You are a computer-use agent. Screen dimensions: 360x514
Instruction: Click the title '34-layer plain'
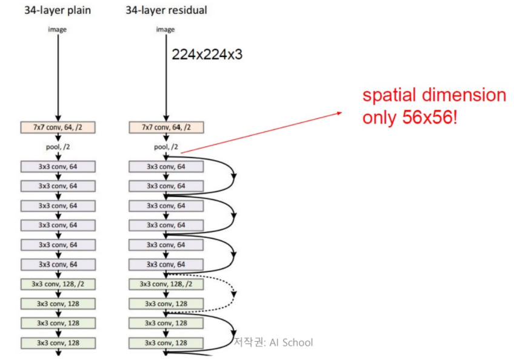coord(58,10)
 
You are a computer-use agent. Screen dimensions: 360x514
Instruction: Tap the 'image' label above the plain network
coord(58,29)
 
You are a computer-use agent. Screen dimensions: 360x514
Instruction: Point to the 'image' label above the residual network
coord(165,29)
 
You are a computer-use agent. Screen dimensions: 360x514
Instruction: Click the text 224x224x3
coord(207,55)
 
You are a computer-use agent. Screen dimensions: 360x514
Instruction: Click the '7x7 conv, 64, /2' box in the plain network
coord(58,128)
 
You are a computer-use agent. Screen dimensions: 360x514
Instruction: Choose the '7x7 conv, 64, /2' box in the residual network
coord(165,128)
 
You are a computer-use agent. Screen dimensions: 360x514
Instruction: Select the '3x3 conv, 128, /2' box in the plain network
coord(58,284)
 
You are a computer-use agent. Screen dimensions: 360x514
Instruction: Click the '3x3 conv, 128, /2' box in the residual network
coord(165,284)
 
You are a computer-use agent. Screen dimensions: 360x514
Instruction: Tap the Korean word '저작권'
coord(248,342)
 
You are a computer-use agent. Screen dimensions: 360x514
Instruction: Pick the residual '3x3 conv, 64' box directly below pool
coord(165,167)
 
